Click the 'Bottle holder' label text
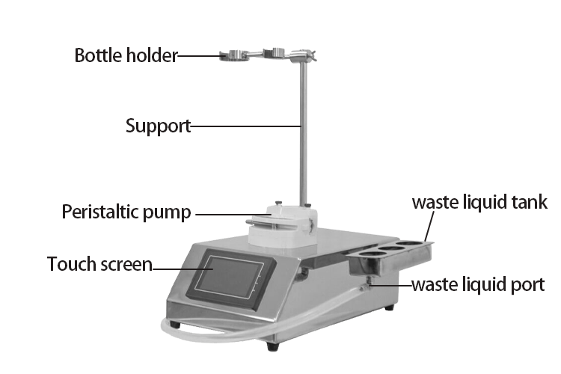[126, 56]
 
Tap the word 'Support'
[157, 126]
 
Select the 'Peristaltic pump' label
[126, 212]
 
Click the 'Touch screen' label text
[99, 264]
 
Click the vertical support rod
[302, 135]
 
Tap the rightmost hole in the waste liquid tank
[412, 244]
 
